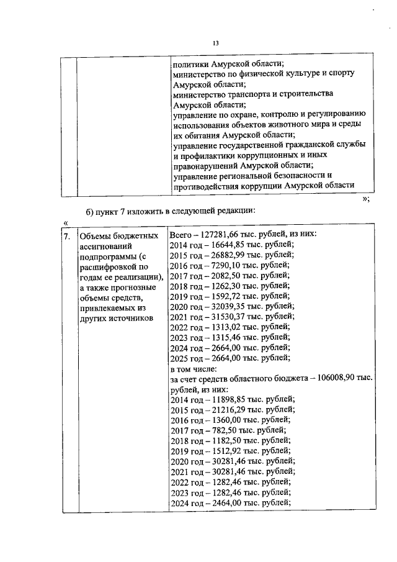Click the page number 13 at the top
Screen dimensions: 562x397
pyautogui.click(x=216, y=43)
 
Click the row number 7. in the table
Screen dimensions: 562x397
pyautogui.click(x=68, y=237)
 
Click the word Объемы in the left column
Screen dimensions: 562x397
pyautogui.click(x=95, y=237)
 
